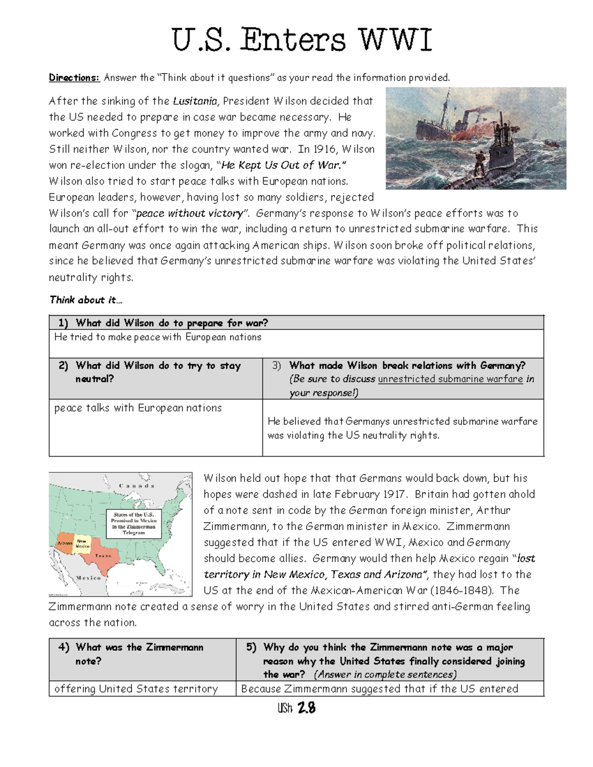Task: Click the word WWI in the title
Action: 395,40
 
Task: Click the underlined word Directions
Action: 74,78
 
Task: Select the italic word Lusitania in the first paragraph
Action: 195,101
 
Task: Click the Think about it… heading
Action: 85,300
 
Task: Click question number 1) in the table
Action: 63,323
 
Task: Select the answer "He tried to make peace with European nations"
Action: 158,337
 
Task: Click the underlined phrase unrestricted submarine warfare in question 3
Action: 450,379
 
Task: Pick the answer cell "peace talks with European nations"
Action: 138,408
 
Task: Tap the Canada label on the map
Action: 136,486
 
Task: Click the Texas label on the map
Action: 103,556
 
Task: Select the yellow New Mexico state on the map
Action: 82,544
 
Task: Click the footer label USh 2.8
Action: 296,709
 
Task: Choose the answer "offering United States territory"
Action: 136,689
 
